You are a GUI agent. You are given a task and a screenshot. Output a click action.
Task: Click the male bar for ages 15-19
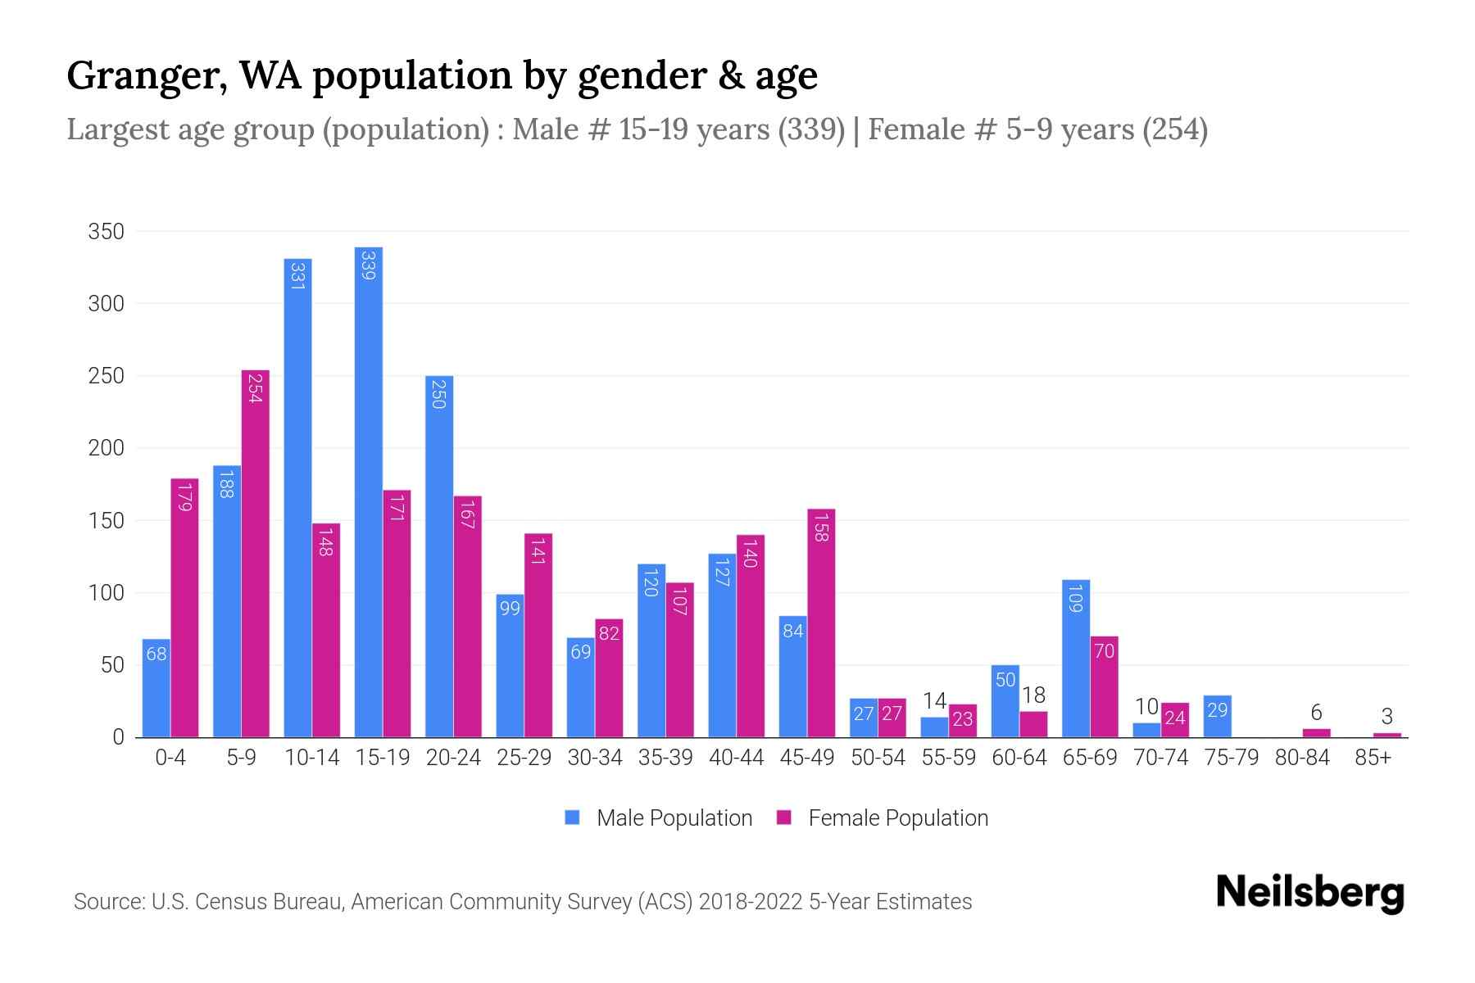(x=368, y=491)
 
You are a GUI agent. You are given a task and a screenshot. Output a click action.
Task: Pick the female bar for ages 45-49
(x=821, y=623)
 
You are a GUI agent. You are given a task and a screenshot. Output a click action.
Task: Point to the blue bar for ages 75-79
(x=1217, y=716)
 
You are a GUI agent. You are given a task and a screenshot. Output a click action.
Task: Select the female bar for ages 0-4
(x=184, y=607)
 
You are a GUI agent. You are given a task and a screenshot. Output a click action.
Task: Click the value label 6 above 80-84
(x=1316, y=713)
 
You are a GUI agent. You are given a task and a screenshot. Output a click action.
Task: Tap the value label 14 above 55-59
(x=934, y=701)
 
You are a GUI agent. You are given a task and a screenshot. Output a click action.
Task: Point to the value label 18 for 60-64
(x=1033, y=695)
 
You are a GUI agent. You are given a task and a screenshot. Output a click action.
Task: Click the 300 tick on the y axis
(x=106, y=304)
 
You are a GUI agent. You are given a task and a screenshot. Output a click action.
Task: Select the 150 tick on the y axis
(x=106, y=521)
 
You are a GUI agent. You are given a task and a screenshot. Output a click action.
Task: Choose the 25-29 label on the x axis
(x=524, y=758)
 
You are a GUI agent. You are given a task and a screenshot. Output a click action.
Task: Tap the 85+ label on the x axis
(x=1373, y=758)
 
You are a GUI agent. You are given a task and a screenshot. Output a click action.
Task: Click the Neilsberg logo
(x=1309, y=893)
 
